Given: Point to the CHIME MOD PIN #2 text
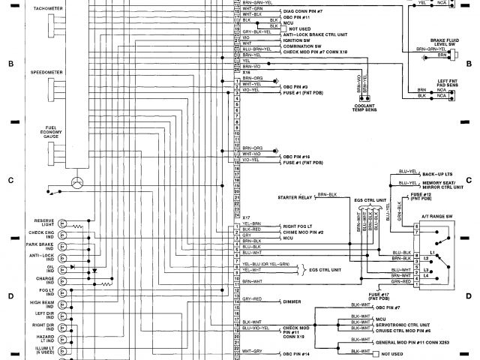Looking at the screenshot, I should pyautogui.click(x=303, y=232).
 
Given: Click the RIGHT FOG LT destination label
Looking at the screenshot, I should pyautogui.click(x=298, y=225).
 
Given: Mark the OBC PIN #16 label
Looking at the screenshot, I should pyautogui.click(x=298, y=154).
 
